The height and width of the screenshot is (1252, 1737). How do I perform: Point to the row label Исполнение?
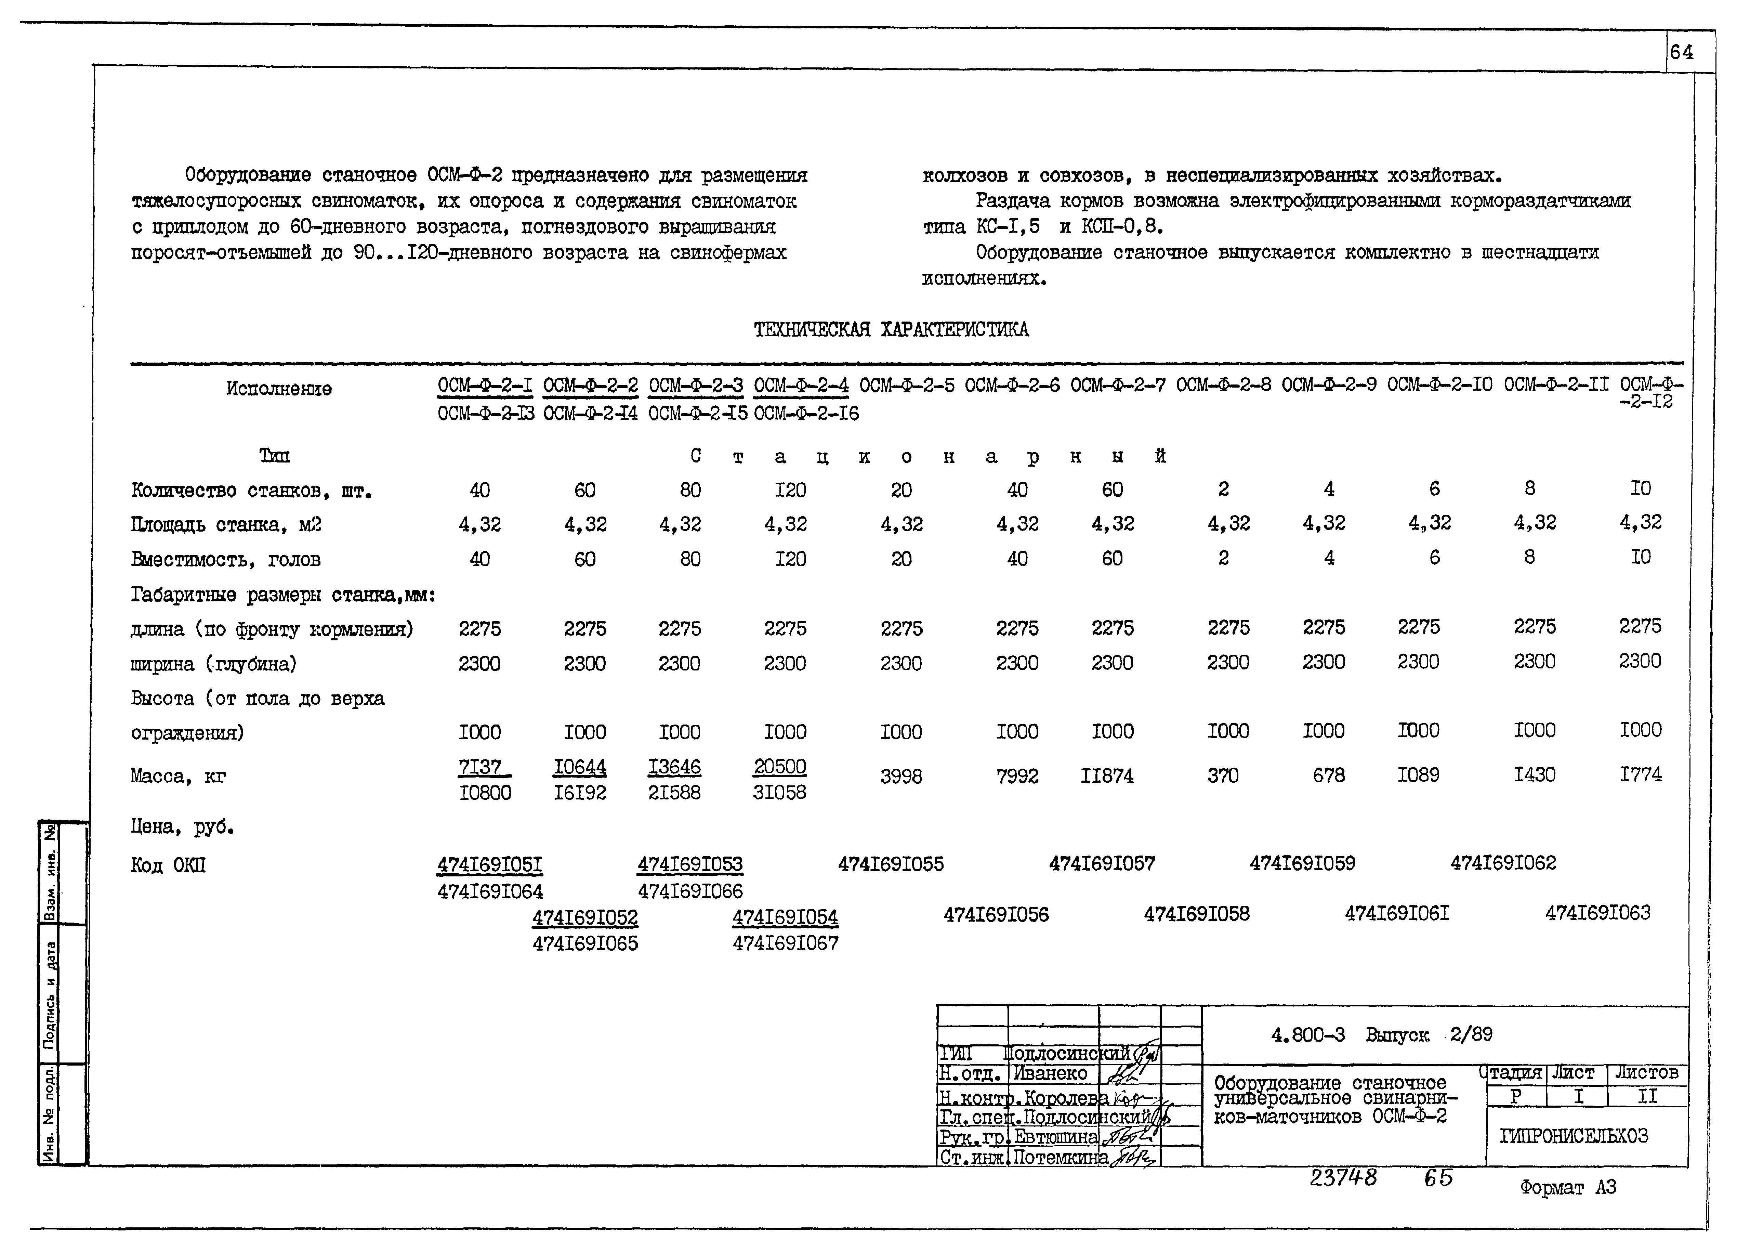click(279, 389)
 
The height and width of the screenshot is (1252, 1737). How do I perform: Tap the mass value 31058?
click(780, 792)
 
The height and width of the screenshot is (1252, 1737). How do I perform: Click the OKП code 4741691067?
click(785, 944)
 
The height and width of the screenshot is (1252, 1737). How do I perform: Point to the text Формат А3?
click(1568, 1188)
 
